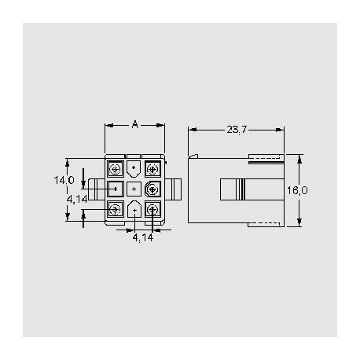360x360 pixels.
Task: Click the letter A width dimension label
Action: [135, 124]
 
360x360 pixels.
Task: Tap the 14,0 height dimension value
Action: [64, 181]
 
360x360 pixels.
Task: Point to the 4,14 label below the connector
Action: [142, 237]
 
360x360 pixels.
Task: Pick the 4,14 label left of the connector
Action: [77, 200]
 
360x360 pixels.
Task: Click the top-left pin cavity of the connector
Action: [115, 169]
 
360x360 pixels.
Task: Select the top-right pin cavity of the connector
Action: [152, 169]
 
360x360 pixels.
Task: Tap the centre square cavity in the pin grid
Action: [134, 189]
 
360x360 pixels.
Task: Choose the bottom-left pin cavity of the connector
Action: [115, 208]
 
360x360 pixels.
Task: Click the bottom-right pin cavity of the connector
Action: [152, 208]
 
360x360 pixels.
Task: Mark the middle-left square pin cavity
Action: [115, 189]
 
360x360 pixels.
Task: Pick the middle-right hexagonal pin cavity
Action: [152, 189]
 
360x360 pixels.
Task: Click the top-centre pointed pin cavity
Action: [134, 168]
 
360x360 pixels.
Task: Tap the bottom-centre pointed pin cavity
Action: [134, 209]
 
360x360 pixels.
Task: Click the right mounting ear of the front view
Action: [174, 189]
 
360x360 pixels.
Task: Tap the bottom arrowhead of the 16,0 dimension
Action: [299, 222]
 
